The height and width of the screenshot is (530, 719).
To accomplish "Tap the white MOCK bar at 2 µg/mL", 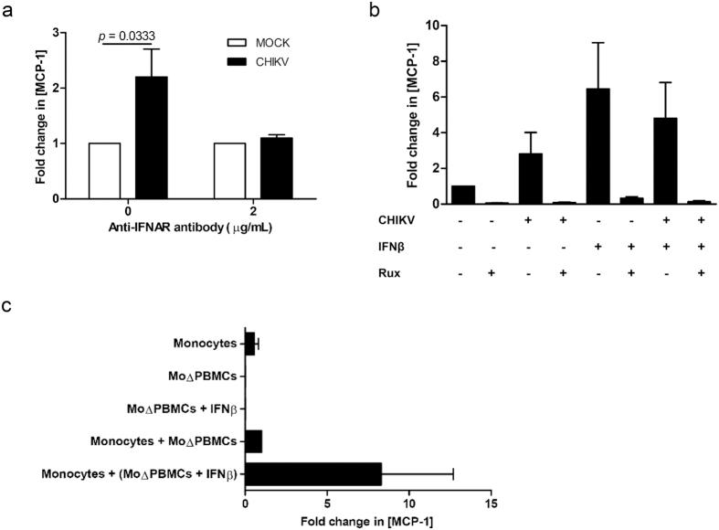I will pos(230,171).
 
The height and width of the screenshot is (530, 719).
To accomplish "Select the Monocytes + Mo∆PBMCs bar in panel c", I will pos(254,441).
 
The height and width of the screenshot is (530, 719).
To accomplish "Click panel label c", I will pos(8,306).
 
